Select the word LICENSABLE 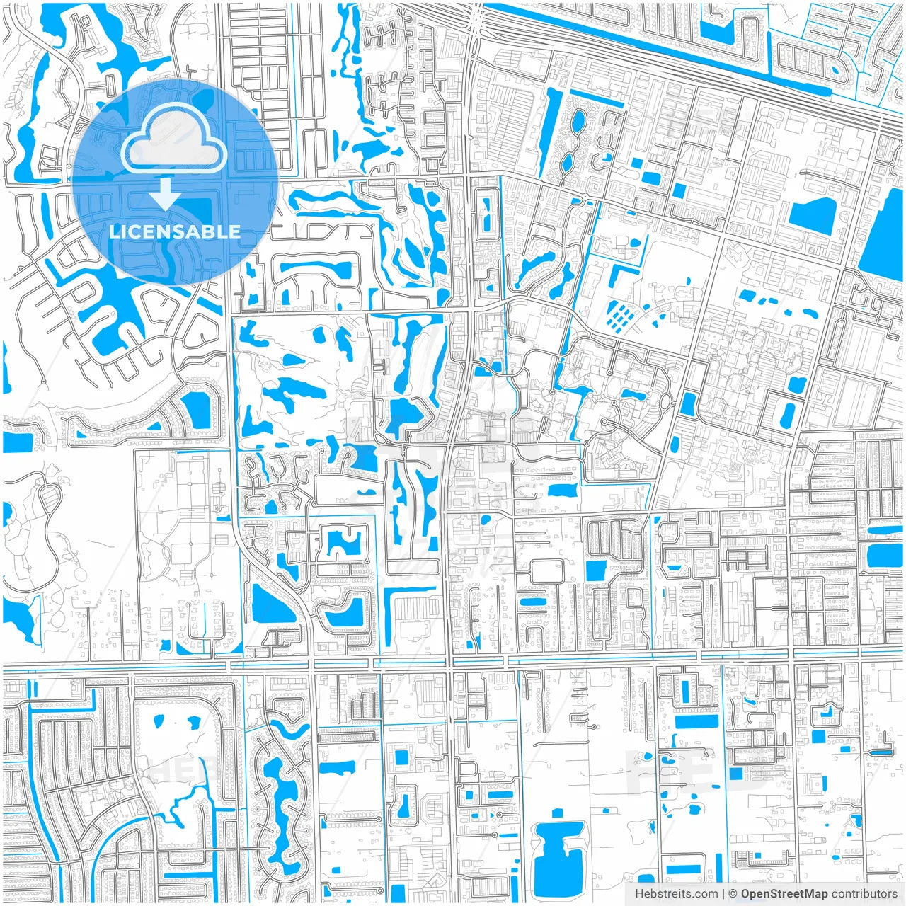tap(175, 231)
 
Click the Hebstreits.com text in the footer tap(675, 894)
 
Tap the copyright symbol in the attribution tap(733, 894)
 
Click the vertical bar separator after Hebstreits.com tap(723, 894)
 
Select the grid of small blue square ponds tap(618, 316)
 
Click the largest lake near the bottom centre tap(558, 850)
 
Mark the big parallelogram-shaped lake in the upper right tap(813, 214)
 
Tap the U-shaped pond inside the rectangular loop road tap(343, 544)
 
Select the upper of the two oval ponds tap(578, 122)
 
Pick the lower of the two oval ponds tap(568, 162)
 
